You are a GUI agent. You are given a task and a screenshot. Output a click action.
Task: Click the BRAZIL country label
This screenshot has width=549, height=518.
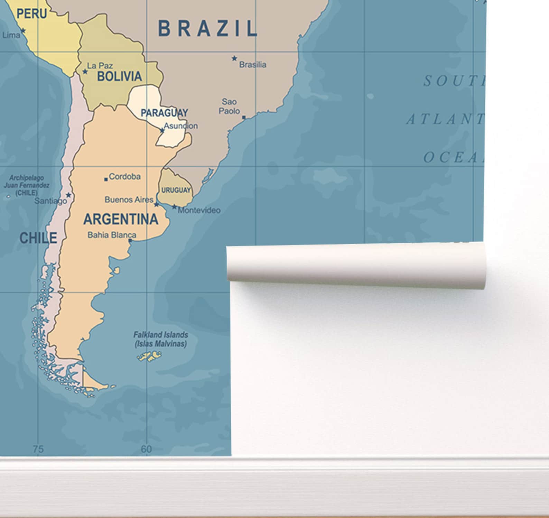pos(207,28)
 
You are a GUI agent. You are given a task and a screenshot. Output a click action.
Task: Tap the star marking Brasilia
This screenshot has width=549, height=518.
pos(234,58)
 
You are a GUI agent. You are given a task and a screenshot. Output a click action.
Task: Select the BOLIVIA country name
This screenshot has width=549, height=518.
pos(119,76)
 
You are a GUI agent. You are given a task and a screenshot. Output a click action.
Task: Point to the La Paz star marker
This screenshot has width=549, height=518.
pos(85,72)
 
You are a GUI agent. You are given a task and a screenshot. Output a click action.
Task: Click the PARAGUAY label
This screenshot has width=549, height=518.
pos(164,113)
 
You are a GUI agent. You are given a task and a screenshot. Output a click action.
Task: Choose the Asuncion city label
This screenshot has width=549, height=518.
pos(181,126)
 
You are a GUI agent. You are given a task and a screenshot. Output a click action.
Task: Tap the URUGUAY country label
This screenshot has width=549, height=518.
pos(176,190)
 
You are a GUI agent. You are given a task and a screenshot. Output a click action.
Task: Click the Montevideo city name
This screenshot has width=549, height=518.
pos(199,210)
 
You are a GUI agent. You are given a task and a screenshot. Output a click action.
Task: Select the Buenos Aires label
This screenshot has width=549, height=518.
pos(129,200)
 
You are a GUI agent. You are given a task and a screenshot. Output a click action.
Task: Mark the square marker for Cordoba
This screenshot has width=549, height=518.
pos(106,179)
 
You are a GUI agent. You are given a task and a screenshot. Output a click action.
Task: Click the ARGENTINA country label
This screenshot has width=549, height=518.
pos(121,219)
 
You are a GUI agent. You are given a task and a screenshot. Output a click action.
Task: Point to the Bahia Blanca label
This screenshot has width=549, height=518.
pos(112,235)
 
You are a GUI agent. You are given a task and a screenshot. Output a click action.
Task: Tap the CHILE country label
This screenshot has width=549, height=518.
pos(38,238)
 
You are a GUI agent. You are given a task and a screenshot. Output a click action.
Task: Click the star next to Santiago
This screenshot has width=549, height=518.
pos(69,195)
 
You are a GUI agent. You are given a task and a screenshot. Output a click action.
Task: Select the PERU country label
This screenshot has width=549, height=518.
pos(32,13)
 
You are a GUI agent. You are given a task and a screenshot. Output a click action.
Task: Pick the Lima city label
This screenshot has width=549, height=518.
pos(11,35)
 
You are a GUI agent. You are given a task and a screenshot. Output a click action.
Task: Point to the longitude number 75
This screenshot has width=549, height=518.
pos(38,449)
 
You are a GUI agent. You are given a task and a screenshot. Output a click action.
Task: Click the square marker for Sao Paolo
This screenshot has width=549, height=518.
pos(244,118)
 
